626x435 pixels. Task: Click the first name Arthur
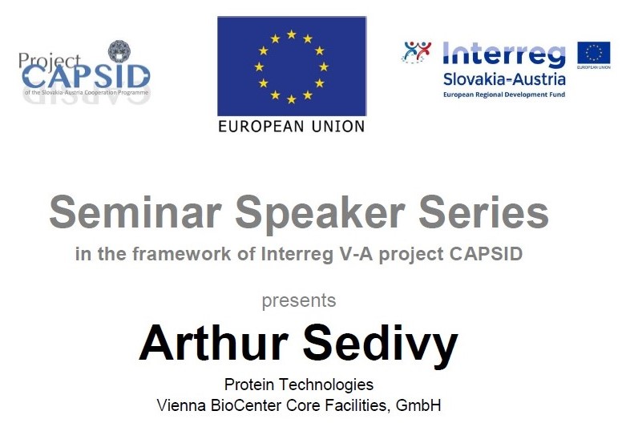click(216, 343)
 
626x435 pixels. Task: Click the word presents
click(299, 301)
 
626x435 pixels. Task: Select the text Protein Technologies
click(299, 385)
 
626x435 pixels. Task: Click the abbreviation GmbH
click(418, 405)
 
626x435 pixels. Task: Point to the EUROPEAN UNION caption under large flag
click(291, 126)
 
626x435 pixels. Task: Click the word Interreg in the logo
click(503, 55)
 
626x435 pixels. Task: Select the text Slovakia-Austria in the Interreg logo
click(503, 79)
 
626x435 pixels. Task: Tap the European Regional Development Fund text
click(503, 95)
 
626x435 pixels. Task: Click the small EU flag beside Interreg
click(594, 54)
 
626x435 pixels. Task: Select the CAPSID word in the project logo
click(86, 76)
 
